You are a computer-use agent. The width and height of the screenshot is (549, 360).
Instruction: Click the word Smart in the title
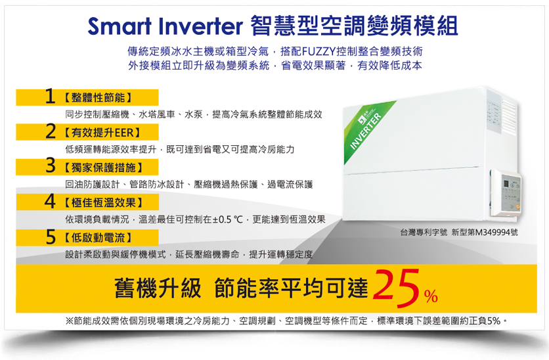click(120, 26)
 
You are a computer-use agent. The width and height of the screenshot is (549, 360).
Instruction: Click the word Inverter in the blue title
click(201, 26)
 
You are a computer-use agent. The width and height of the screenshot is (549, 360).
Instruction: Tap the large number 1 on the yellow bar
click(50, 97)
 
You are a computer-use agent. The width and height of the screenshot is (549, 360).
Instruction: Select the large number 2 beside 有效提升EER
click(51, 131)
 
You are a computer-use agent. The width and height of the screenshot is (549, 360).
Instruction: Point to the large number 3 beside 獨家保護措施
click(51, 166)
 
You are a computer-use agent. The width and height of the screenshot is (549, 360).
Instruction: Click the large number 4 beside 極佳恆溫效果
click(50, 202)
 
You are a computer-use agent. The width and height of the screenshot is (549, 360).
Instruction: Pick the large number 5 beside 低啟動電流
click(51, 237)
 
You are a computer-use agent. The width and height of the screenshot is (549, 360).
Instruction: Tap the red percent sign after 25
click(431, 296)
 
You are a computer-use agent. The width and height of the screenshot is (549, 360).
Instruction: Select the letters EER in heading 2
click(124, 133)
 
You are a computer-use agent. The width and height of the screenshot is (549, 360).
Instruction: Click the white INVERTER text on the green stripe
click(365, 131)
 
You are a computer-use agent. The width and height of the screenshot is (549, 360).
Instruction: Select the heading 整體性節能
click(98, 97)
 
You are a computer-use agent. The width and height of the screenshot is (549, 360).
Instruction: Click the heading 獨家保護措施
click(104, 168)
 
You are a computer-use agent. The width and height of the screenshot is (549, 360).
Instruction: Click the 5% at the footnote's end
click(493, 321)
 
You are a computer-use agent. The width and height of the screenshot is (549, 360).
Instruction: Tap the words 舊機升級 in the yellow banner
click(158, 288)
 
